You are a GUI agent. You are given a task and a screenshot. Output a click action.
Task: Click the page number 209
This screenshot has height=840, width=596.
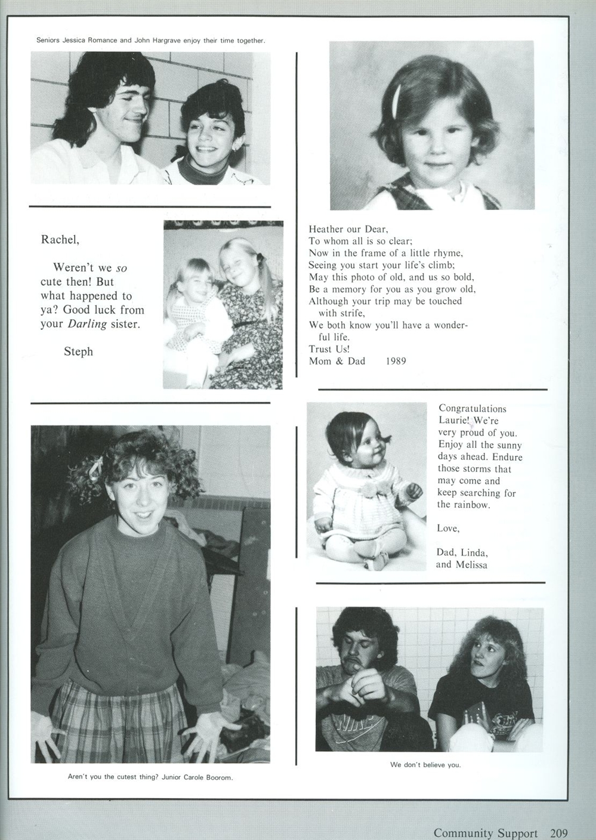[x=555, y=833]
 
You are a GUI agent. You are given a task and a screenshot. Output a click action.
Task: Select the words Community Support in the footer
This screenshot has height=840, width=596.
[x=485, y=833]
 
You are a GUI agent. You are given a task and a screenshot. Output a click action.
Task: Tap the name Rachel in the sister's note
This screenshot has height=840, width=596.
[x=59, y=240]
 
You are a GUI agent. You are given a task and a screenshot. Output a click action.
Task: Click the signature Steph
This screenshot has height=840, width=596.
[x=78, y=352]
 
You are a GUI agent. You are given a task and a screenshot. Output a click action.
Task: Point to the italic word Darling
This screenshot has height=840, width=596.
[x=87, y=324]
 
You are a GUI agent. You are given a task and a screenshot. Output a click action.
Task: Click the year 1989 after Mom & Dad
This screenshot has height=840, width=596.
[x=396, y=361]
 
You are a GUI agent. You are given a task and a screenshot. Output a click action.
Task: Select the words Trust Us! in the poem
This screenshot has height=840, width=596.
[x=329, y=349]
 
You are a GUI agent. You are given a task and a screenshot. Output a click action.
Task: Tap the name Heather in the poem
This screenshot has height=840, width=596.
[x=327, y=229]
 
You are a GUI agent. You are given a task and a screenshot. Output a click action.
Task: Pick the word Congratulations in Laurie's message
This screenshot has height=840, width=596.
[x=472, y=409]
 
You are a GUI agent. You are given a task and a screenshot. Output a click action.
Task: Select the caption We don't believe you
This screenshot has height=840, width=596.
[x=425, y=765]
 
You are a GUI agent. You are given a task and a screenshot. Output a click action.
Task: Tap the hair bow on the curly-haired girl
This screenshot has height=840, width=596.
[x=95, y=469]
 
